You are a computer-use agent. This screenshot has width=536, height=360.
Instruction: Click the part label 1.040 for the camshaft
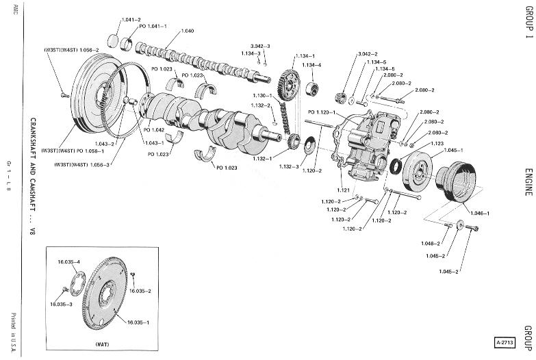188,31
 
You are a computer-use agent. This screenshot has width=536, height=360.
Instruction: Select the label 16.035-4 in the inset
69,262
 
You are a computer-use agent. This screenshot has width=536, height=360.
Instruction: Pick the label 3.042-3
260,46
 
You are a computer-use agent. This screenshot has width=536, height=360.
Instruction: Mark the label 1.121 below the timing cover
344,189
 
